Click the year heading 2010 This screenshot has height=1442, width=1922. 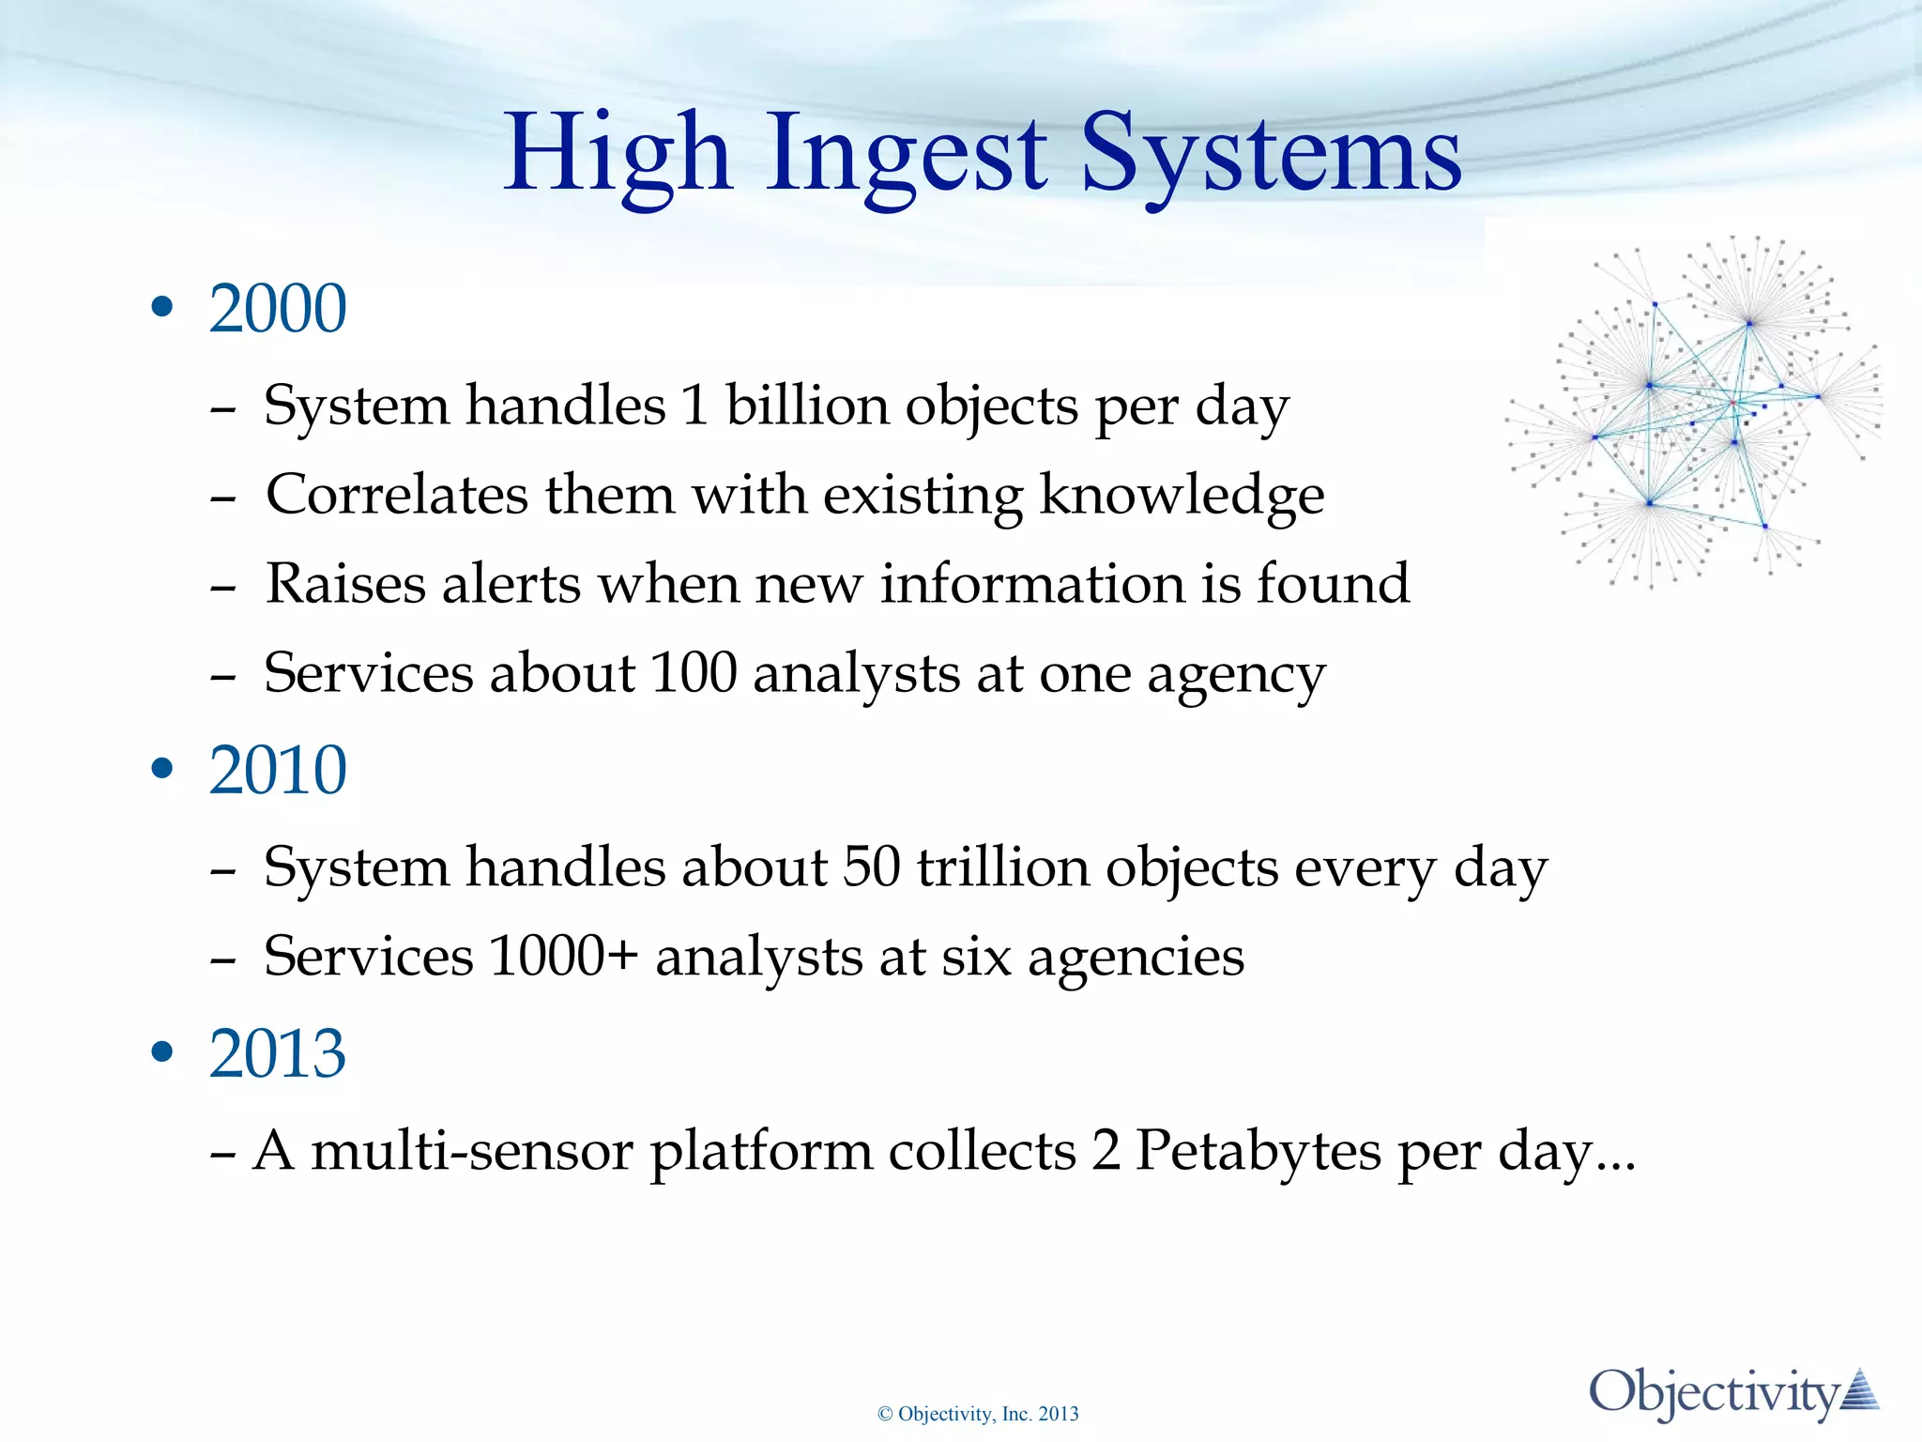point(278,770)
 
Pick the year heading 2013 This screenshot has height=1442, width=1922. point(278,1053)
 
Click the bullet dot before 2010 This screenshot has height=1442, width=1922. point(162,769)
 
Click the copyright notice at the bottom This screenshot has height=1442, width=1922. point(978,1414)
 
